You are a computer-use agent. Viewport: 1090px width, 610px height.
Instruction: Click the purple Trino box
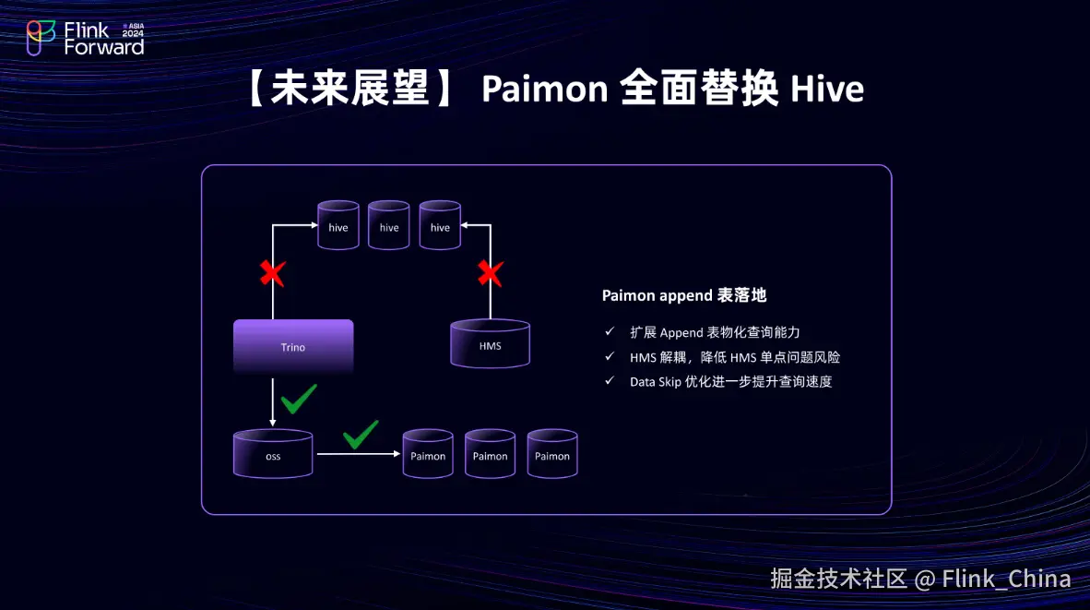(x=293, y=346)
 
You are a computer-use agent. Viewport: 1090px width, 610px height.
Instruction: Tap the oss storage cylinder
(x=273, y=454)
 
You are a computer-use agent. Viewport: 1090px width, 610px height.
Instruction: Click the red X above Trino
(x=272, y=273)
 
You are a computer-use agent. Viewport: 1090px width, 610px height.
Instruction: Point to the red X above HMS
(x=490, y=273)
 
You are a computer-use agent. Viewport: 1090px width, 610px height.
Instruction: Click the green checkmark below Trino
(x=299, y=399)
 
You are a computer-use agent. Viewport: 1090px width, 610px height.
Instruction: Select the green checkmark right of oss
(x=361, y=434)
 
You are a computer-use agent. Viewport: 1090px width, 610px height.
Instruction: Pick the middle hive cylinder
(x=389, y=225)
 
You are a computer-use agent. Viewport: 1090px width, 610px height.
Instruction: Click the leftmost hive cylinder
(x=338, y=225)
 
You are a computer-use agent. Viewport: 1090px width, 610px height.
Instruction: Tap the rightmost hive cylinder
(x=440, y=225)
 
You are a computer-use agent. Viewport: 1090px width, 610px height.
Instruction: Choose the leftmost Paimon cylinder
(x=428, y=453)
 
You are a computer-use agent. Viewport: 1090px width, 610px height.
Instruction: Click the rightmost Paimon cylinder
(x=552, y=453)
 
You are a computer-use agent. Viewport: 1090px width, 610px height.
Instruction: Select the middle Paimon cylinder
(x=490, y=453)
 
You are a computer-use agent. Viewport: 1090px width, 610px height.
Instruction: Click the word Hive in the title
(x=827, y=90)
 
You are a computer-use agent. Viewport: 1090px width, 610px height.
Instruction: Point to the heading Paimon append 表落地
(x=684, y=295)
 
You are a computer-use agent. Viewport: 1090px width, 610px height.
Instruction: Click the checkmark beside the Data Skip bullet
(x=609, y=380)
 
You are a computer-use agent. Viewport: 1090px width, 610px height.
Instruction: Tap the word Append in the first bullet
(x=681, y=332)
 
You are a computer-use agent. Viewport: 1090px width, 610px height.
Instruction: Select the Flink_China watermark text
(x=1006, y=579)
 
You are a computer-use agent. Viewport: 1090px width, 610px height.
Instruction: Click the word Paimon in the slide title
(x=544, y=90)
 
